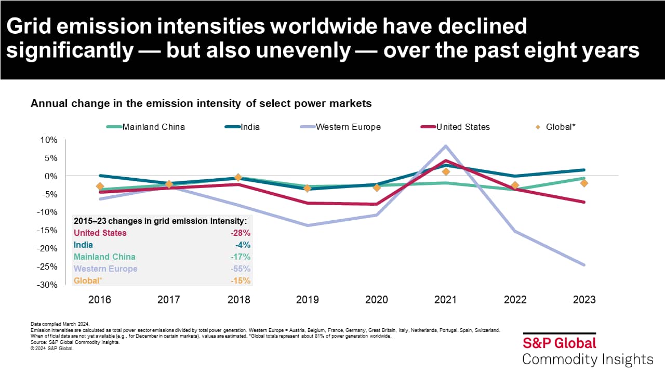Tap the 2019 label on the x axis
tap(307, 300)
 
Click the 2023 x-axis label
tap(584, 300)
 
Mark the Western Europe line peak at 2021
tap(445, 146)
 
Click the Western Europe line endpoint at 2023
tap(584, 265)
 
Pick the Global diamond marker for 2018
tap(238, 178)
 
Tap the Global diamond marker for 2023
tap(584, 183)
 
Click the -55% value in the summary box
tap(241, 269)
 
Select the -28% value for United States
tap(241, 233)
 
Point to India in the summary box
tap(83, 245)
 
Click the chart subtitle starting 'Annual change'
tap(201, 103)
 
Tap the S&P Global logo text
tap(559, 343)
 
